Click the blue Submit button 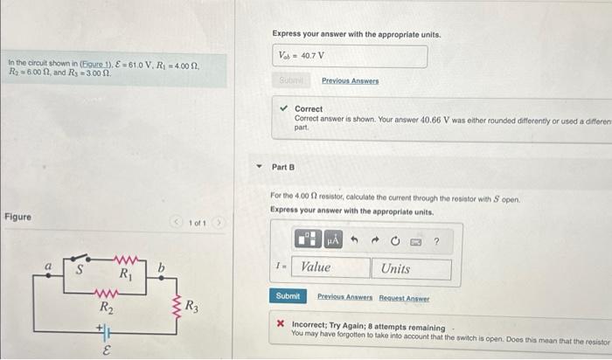[x=288, y=297]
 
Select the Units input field [x=413, y=268]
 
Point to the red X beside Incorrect [x=280, y=322]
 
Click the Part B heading [x=283, y=166]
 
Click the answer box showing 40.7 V [x=350, y=56]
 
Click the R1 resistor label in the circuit [x=126, y=273]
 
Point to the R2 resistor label [x=106, y=307]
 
